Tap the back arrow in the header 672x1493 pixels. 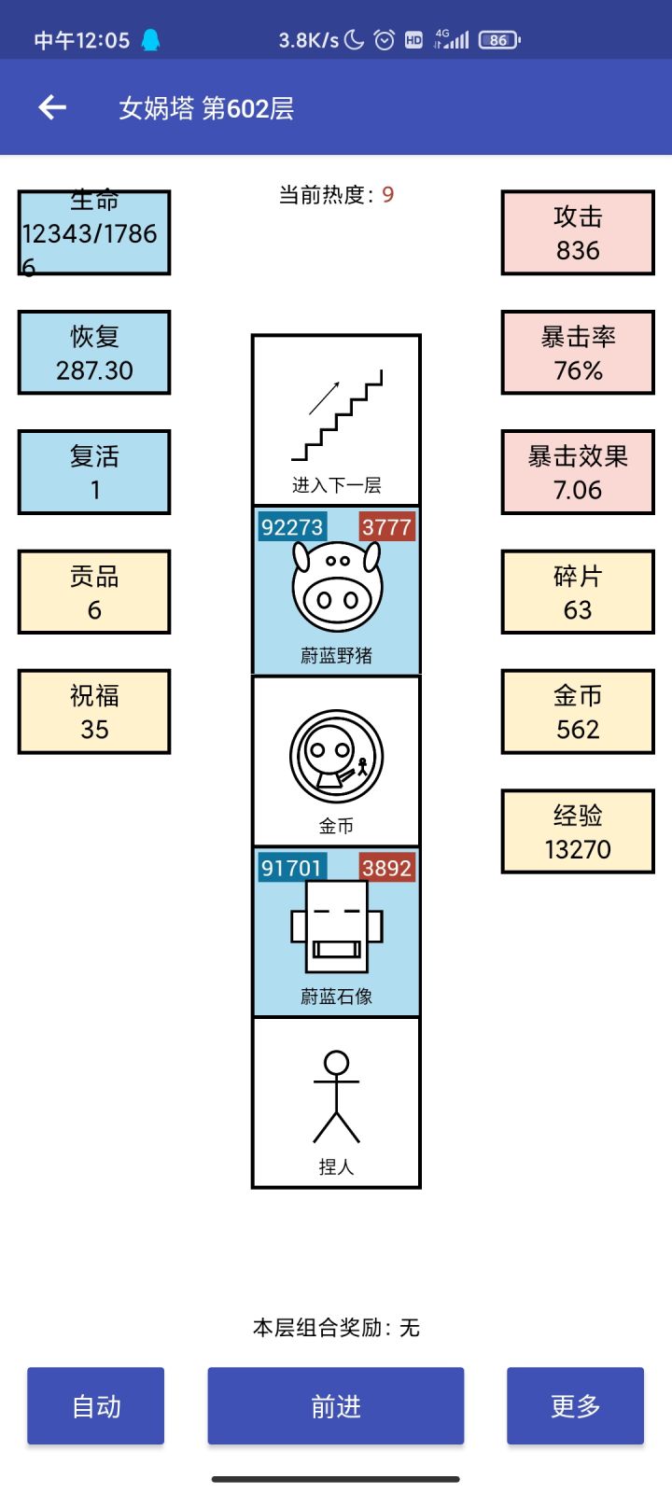click(52, 108)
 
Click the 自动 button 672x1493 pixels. click(96, 1406)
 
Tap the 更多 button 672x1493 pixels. click(575, 1406)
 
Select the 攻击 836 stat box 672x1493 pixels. click(578, 233)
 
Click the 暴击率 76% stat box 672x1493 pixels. click(578, 353)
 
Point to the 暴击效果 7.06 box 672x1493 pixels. click(578, 472)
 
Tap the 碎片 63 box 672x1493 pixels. click(578, 593)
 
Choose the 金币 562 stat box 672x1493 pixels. click(578, 712)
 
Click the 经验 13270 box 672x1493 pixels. click(578, 831)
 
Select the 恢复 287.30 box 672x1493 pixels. click(94, 353)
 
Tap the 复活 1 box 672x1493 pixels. click(94, 472)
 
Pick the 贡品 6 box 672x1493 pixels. click(94, 593)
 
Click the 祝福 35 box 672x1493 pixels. click(94, 712)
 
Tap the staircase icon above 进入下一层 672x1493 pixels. click(337, 415)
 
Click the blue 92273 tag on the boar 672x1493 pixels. click(292, 527)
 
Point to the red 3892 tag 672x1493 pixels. click(386, 869)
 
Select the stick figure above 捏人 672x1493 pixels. click(336, 1097)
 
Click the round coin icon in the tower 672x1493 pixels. click(336, 757)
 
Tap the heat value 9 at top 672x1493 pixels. click(388, 195)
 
